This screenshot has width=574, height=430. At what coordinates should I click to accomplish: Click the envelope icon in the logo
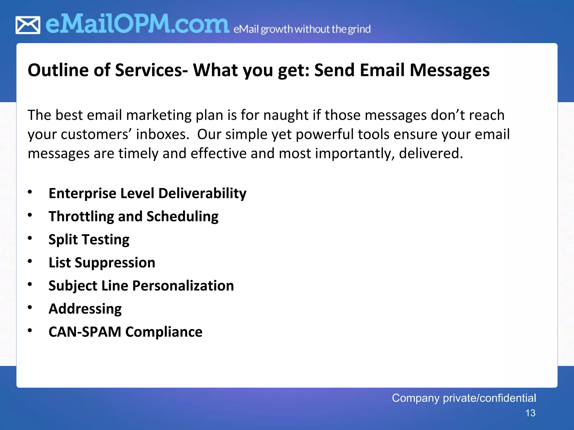28,25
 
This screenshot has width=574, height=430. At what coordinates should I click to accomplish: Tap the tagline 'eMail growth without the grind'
302,29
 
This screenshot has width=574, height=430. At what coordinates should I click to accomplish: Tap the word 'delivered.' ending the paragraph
431,153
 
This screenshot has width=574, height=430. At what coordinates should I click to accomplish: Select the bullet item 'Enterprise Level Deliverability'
147,193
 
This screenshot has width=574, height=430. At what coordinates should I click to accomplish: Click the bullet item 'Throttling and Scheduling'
133,216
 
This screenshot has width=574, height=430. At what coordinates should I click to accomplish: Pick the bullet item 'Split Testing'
89,240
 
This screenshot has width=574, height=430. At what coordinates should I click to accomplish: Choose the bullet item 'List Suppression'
102,263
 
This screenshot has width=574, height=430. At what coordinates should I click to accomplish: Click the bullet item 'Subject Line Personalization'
141,286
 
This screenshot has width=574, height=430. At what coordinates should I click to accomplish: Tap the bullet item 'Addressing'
85,309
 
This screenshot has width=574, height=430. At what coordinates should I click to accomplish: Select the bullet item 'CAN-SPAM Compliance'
125,332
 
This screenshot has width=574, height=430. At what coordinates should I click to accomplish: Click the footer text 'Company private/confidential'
464,398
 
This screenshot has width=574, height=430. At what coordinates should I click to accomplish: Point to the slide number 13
530,413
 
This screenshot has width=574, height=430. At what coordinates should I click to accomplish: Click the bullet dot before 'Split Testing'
30,238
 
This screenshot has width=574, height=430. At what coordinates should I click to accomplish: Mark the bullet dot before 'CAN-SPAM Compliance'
30,331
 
